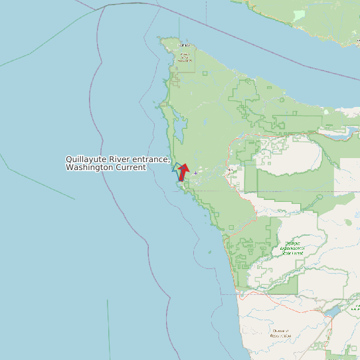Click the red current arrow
(x=183, y=173)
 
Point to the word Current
(x=131, y=168)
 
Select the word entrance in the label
(x=151, y=160)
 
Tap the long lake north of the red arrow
(x=179, y=126)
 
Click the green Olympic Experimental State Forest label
(x=293, y=248)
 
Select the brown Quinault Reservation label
(x=280, y=333)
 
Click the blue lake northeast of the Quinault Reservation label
(x=332, y=311)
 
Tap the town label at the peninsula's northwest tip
(x=184, y=45)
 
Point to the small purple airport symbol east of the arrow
(x=195, y=173)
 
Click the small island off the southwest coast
(x=209, y=252)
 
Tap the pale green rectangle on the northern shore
(x=300, y=13)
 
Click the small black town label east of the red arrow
(x=230, y=170)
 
